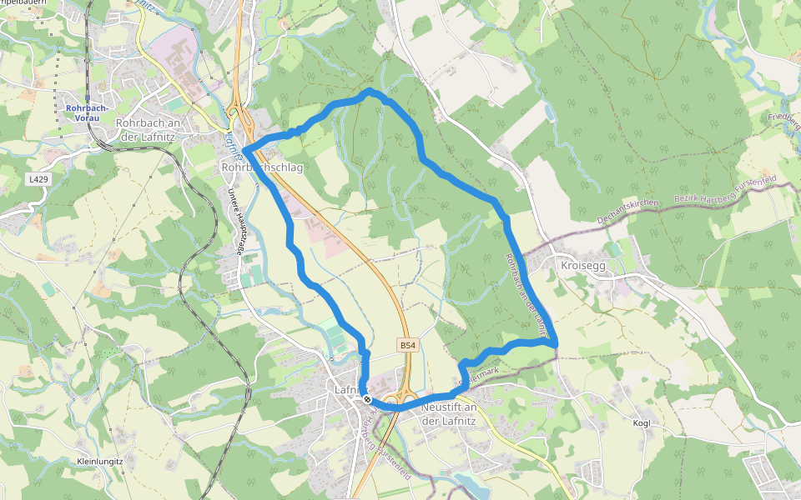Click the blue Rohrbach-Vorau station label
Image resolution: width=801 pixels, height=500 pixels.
tap(87, 112)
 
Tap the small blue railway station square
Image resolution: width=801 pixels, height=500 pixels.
tap(87, 98)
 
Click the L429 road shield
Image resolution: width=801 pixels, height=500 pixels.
tap(36, 178)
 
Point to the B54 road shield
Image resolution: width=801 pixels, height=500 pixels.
tap(407, 344)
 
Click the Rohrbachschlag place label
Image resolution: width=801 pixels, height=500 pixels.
tap(262, 167)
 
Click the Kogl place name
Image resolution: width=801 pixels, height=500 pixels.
tap(641, 422)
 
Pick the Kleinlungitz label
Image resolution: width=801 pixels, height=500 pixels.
tap(99, 461)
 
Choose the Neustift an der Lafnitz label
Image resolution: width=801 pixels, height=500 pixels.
tap(449, 413)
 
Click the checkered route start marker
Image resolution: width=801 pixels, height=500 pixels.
tap(367, 399)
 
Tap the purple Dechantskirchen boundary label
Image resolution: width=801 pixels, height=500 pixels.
tap(627, 212)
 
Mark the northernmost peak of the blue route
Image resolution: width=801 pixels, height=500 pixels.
tap(370, 89)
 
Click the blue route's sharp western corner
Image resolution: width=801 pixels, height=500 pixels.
tap(245, 150)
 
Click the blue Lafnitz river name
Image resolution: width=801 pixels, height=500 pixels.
tap(231, 143)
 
